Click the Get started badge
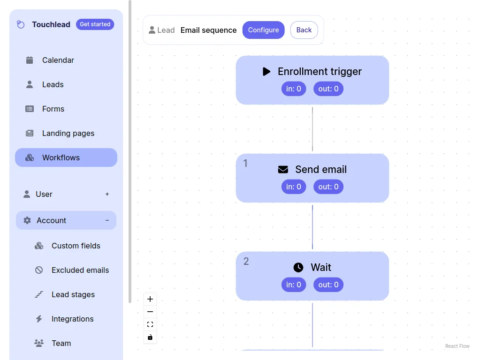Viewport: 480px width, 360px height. (95, 24)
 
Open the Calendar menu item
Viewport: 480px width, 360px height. (58, 60)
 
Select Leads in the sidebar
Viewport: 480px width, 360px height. (53, 84)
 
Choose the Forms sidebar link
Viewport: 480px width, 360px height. (53, 109)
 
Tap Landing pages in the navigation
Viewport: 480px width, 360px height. (68, 133)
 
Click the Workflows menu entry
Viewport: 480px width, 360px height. (61, 157)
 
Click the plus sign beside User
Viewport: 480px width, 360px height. (107, 194)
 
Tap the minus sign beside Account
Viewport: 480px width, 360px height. (107, 220)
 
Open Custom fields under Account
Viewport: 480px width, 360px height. (76, 246)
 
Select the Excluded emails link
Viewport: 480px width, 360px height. (80, 270)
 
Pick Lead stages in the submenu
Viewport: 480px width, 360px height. (73, 294)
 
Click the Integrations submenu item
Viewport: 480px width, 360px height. (72, 319)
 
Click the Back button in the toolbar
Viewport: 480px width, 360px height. (304, 30)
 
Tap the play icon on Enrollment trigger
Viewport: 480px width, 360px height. (267, 72)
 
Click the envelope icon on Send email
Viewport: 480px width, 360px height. (283, 170)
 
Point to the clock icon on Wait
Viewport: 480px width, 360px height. (298, 268)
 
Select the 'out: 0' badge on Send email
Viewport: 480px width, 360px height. (328, 187)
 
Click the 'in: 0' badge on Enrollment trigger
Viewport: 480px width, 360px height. (294, 89)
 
